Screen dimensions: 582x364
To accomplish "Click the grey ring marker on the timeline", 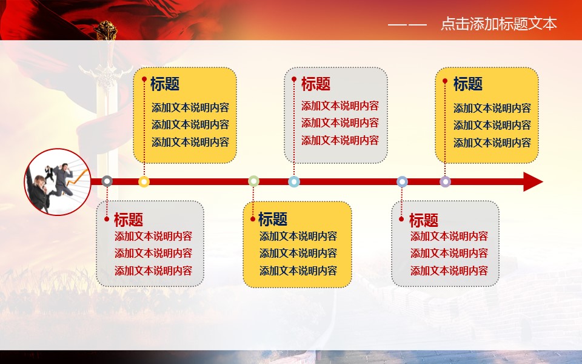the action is tap(107, 177).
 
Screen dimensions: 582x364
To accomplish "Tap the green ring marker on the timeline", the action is tap(253, 177).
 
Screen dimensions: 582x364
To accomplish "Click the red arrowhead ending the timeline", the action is tap(533, 181).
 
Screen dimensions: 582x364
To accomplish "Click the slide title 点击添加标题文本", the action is tap(499, 24).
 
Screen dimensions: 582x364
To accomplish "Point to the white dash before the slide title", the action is tap(407, 25).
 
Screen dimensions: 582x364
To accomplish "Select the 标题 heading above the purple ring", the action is tap(467, 84).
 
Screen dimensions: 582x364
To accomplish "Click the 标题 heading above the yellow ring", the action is tap(165, 84).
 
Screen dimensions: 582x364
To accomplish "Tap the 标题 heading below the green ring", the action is tap(273, 219).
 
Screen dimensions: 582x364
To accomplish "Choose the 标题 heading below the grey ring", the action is tap(129, 219).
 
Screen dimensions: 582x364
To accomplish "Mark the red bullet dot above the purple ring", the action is tap(445, 81).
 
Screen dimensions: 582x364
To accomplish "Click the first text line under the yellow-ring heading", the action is tap(190, 108).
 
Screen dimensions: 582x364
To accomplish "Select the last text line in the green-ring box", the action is tap(298, 271).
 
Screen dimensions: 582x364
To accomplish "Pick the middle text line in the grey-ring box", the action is tap(153, 254).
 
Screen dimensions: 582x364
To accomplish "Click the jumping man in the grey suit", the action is tap(62, 179).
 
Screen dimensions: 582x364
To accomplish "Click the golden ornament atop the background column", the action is tap(105, 30).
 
